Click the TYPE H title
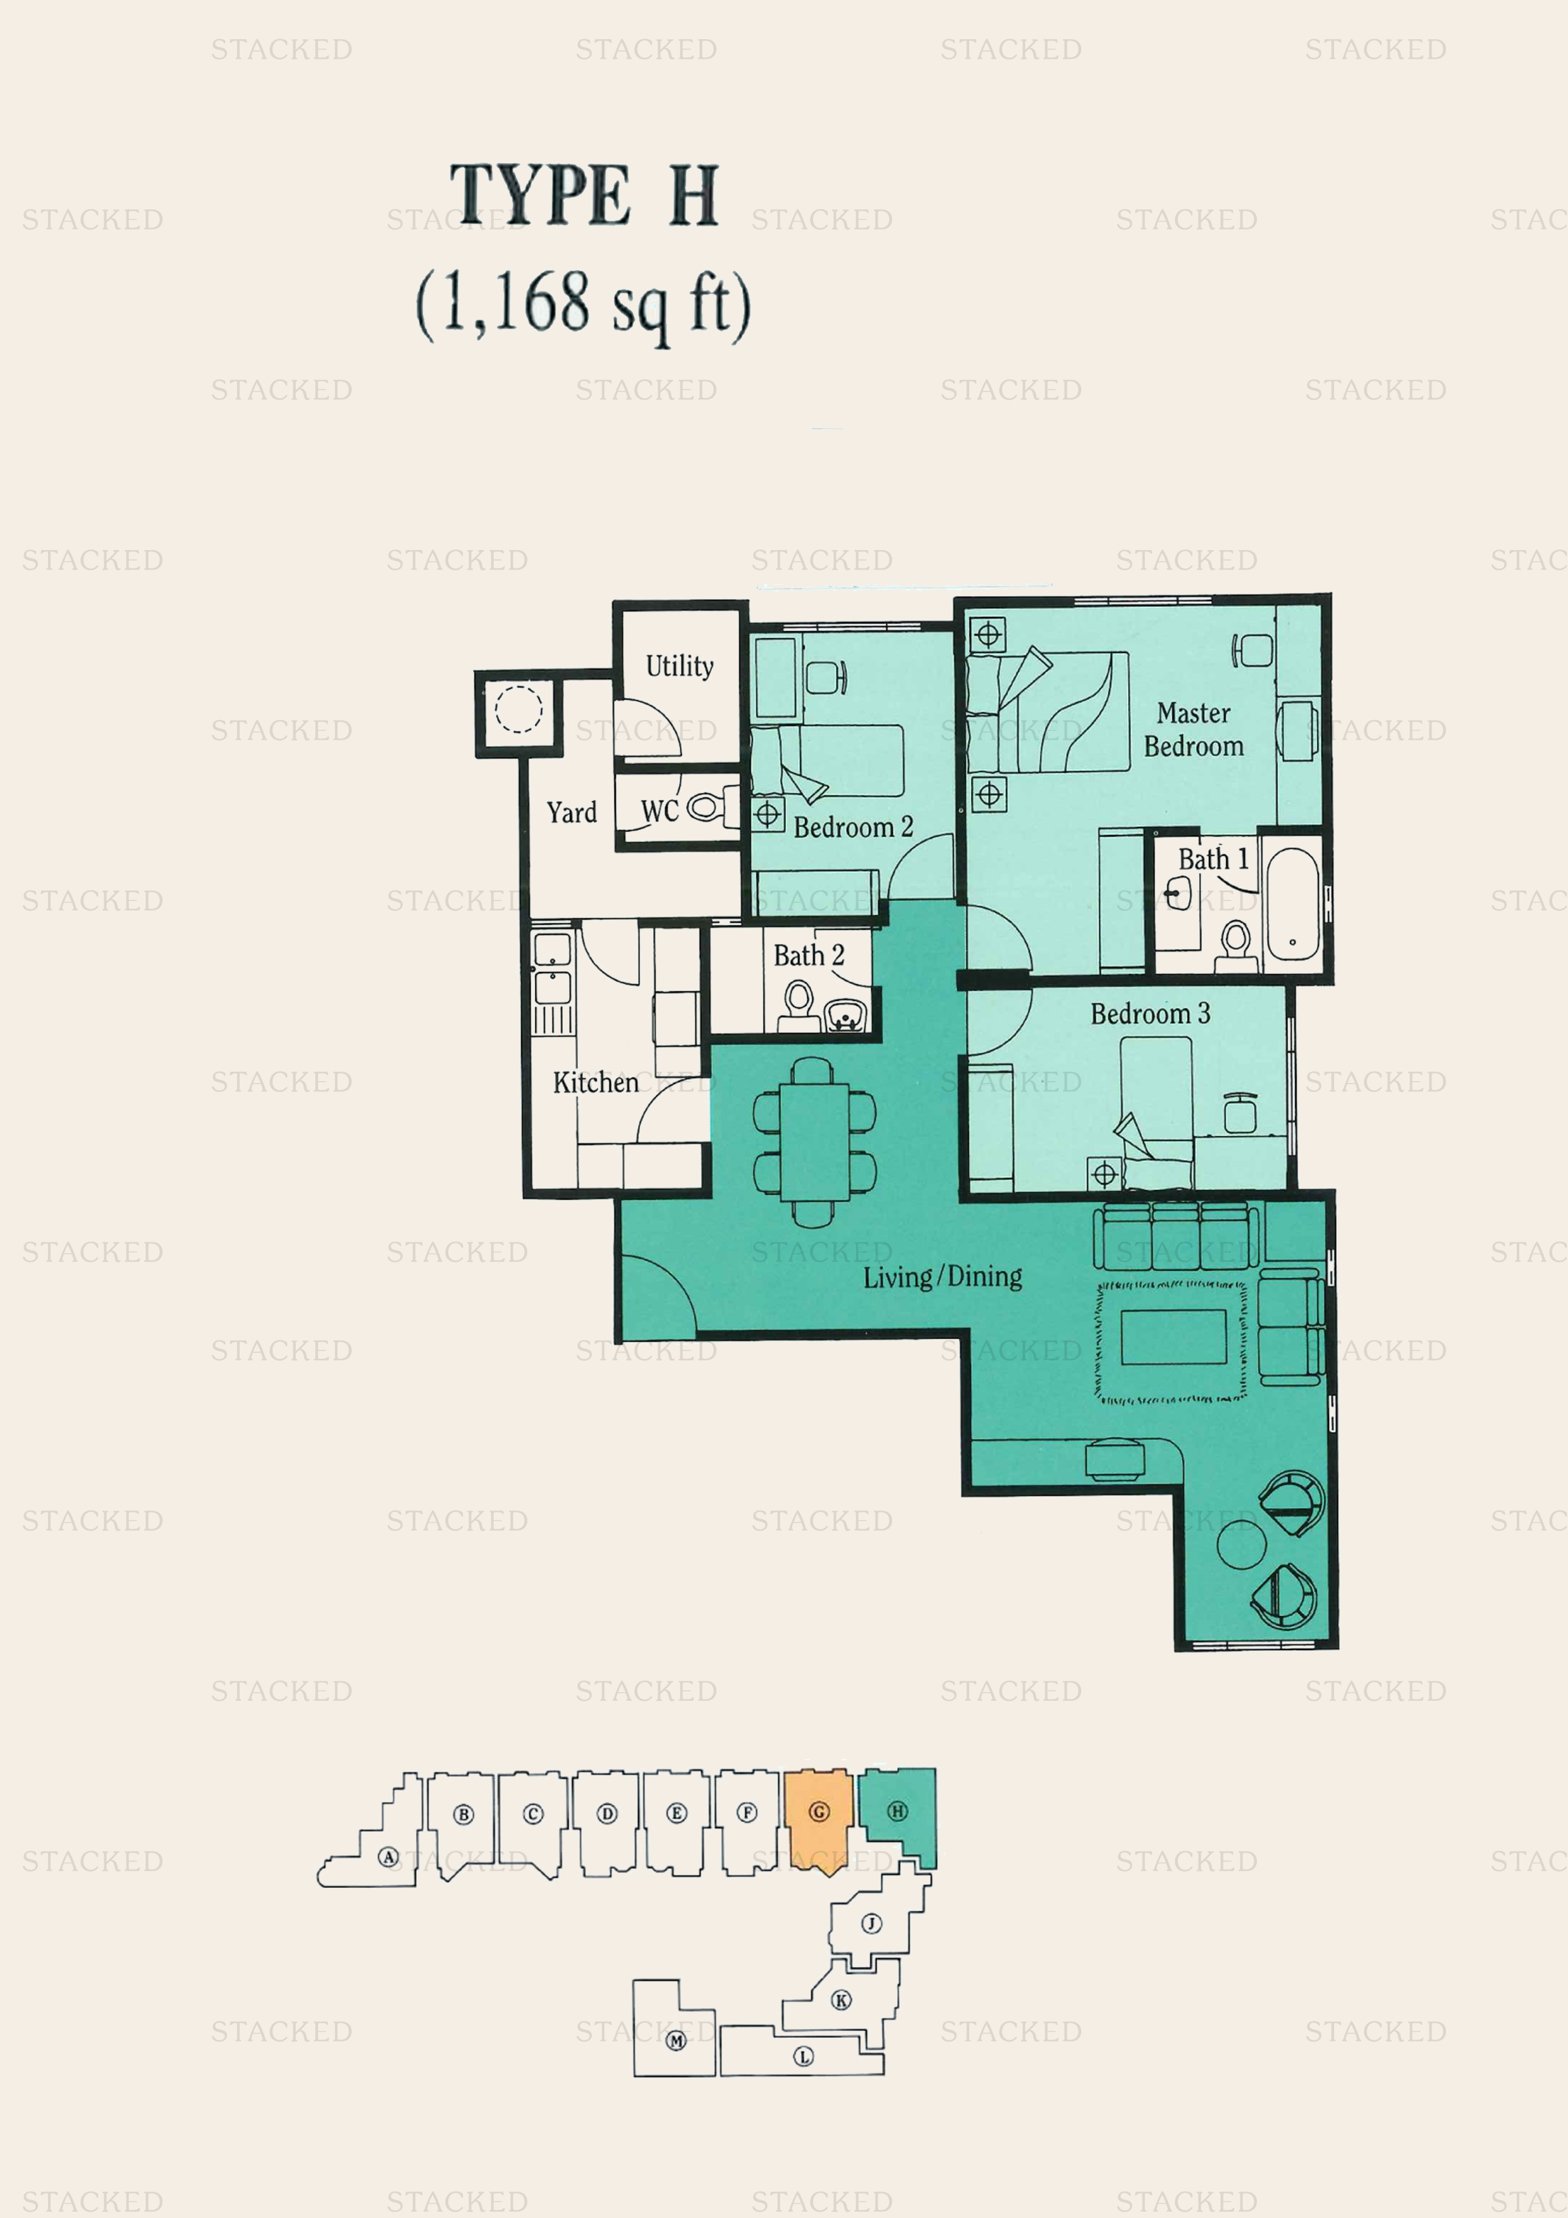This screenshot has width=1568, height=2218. pos(584,195)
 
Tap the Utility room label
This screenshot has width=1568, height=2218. pos(679,666)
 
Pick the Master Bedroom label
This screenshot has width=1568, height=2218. pos(1193,730)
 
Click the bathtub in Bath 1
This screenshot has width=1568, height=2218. pos(1292,904)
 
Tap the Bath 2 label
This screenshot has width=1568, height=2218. pos(809,955)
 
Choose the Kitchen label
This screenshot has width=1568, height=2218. pos(595,1082)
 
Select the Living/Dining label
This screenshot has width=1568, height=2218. pos(942,1277)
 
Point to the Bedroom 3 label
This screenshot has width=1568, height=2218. pos(1149,1014)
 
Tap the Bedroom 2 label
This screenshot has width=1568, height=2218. pos(853,827)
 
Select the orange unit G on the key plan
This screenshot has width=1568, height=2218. pos(818,1820)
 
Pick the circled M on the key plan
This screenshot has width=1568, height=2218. pos(677,2041)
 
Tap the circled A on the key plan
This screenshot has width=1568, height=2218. pos(388,1857)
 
